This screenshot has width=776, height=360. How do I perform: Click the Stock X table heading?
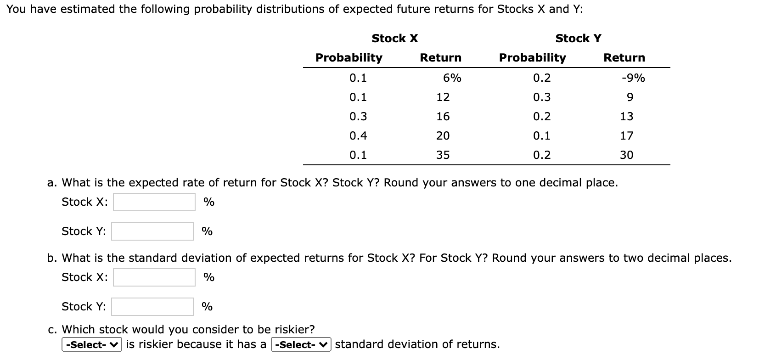(x=394, y=39)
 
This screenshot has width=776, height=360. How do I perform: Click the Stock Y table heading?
(x=578, y=39)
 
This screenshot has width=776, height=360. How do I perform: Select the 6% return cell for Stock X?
(x=452, y=78)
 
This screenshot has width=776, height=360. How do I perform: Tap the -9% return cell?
(x=633, y=78)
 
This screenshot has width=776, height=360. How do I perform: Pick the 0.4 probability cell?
(x=358, y=136)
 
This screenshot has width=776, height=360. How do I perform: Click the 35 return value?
(x=443, y=155)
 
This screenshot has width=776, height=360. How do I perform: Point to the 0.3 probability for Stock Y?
(x=542, y=97)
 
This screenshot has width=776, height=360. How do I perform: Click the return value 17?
(x=626, y=136)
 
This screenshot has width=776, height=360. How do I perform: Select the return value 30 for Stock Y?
(x=626, y=155)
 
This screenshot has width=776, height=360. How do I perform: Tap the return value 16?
(x=443, y=117)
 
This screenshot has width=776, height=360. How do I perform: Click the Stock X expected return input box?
(x=154, y=202)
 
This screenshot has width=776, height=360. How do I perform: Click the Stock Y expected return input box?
(x=152, y=231)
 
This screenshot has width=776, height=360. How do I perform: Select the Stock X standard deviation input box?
(x=154, y=277)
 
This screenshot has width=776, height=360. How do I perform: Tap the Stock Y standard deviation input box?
(x=152, y=307)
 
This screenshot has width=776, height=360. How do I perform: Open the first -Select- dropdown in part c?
(x=92, y=345)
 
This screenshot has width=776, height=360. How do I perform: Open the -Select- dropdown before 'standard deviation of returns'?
(x=301, y=345)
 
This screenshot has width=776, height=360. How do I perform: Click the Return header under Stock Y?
(x=624, y=58)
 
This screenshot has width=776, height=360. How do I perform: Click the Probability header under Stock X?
(x=349, y=58)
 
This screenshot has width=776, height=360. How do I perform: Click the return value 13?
(x=626, y=117)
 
